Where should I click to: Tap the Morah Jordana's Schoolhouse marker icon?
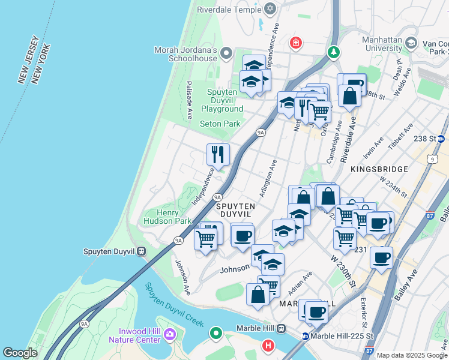(x=226, y=54)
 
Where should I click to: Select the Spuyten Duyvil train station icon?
(x=142, y=251)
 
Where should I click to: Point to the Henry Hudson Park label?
(x=166, y=217)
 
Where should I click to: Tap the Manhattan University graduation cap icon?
(x=411, y=43)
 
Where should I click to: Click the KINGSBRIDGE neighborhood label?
(x=384, y=169)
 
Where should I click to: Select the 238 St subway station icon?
(x=441, y=139)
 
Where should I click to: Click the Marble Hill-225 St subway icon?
(x=306, y=337)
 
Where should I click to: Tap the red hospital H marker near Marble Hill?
(x=268, y=346)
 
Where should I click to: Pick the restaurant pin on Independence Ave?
(x=218, y=154)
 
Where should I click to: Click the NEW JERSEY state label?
(x=28, y=60)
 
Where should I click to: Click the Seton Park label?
(x=220, y=124)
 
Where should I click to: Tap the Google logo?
(x=20, y=353)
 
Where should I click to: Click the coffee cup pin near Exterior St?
(x=381, y=259)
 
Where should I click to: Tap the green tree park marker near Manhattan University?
(x=333, y=52)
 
